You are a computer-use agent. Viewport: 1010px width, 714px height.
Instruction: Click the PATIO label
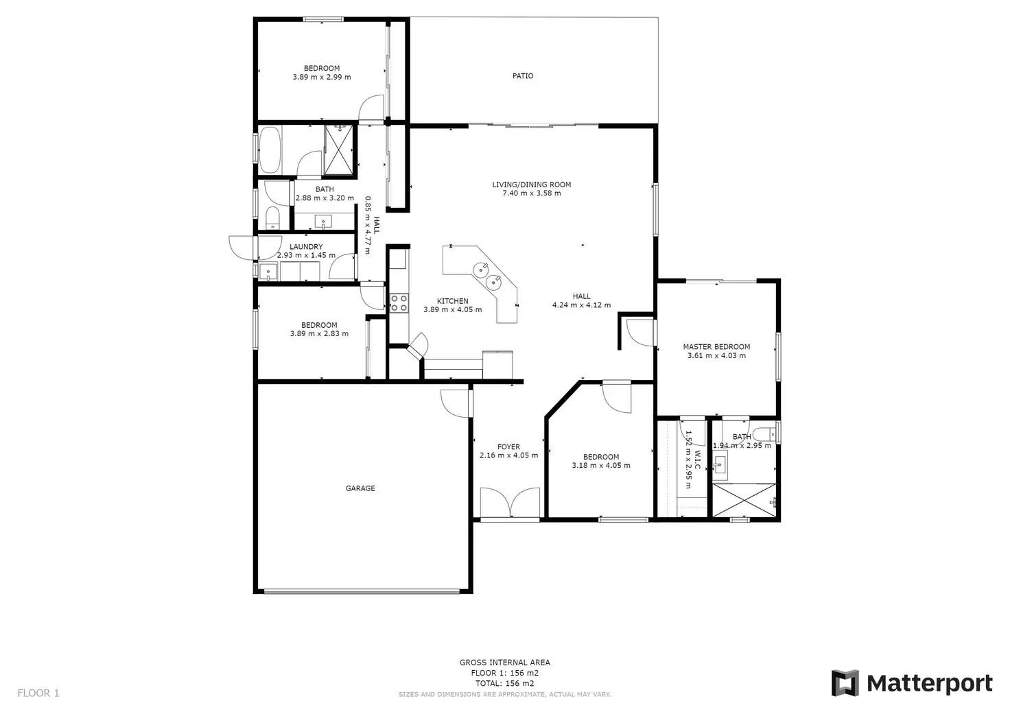[x=522, y=76]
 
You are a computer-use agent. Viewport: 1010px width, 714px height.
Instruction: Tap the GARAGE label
[x=360, y=488]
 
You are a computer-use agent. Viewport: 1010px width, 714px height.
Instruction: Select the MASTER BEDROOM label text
[x=716, y=347]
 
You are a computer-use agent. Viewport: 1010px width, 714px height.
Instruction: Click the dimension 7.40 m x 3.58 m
[x=531, y=193]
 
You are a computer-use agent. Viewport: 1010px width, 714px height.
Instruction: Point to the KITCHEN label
[x=453, y=301]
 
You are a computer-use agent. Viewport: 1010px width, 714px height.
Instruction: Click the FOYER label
[x=508, y=447]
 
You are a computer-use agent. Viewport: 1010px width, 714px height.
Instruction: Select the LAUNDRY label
[x=306, y=247]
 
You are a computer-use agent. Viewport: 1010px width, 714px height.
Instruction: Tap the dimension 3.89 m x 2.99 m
[x=322, y=78]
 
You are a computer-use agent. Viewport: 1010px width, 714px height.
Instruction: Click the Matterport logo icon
[x=845, y=683]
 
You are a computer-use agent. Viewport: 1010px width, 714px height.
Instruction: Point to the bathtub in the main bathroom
[x=269, y=150]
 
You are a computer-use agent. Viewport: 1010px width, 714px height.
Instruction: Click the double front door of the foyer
[x=510, y=503]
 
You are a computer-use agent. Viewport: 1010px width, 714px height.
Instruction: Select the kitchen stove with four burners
[x=399, y=303]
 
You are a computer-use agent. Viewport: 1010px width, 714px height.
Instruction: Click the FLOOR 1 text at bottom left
[x=38, y=693]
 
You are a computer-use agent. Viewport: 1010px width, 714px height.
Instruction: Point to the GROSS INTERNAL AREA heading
[x=504, y=663]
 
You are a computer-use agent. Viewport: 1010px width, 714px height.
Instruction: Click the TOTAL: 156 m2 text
[x=504, y=683]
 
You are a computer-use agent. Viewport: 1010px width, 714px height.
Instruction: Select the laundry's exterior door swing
[x=242, y=248]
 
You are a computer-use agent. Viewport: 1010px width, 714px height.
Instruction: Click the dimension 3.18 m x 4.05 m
[x=601, y=466]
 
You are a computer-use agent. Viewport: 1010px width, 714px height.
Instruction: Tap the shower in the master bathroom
[x=744, y=500]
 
